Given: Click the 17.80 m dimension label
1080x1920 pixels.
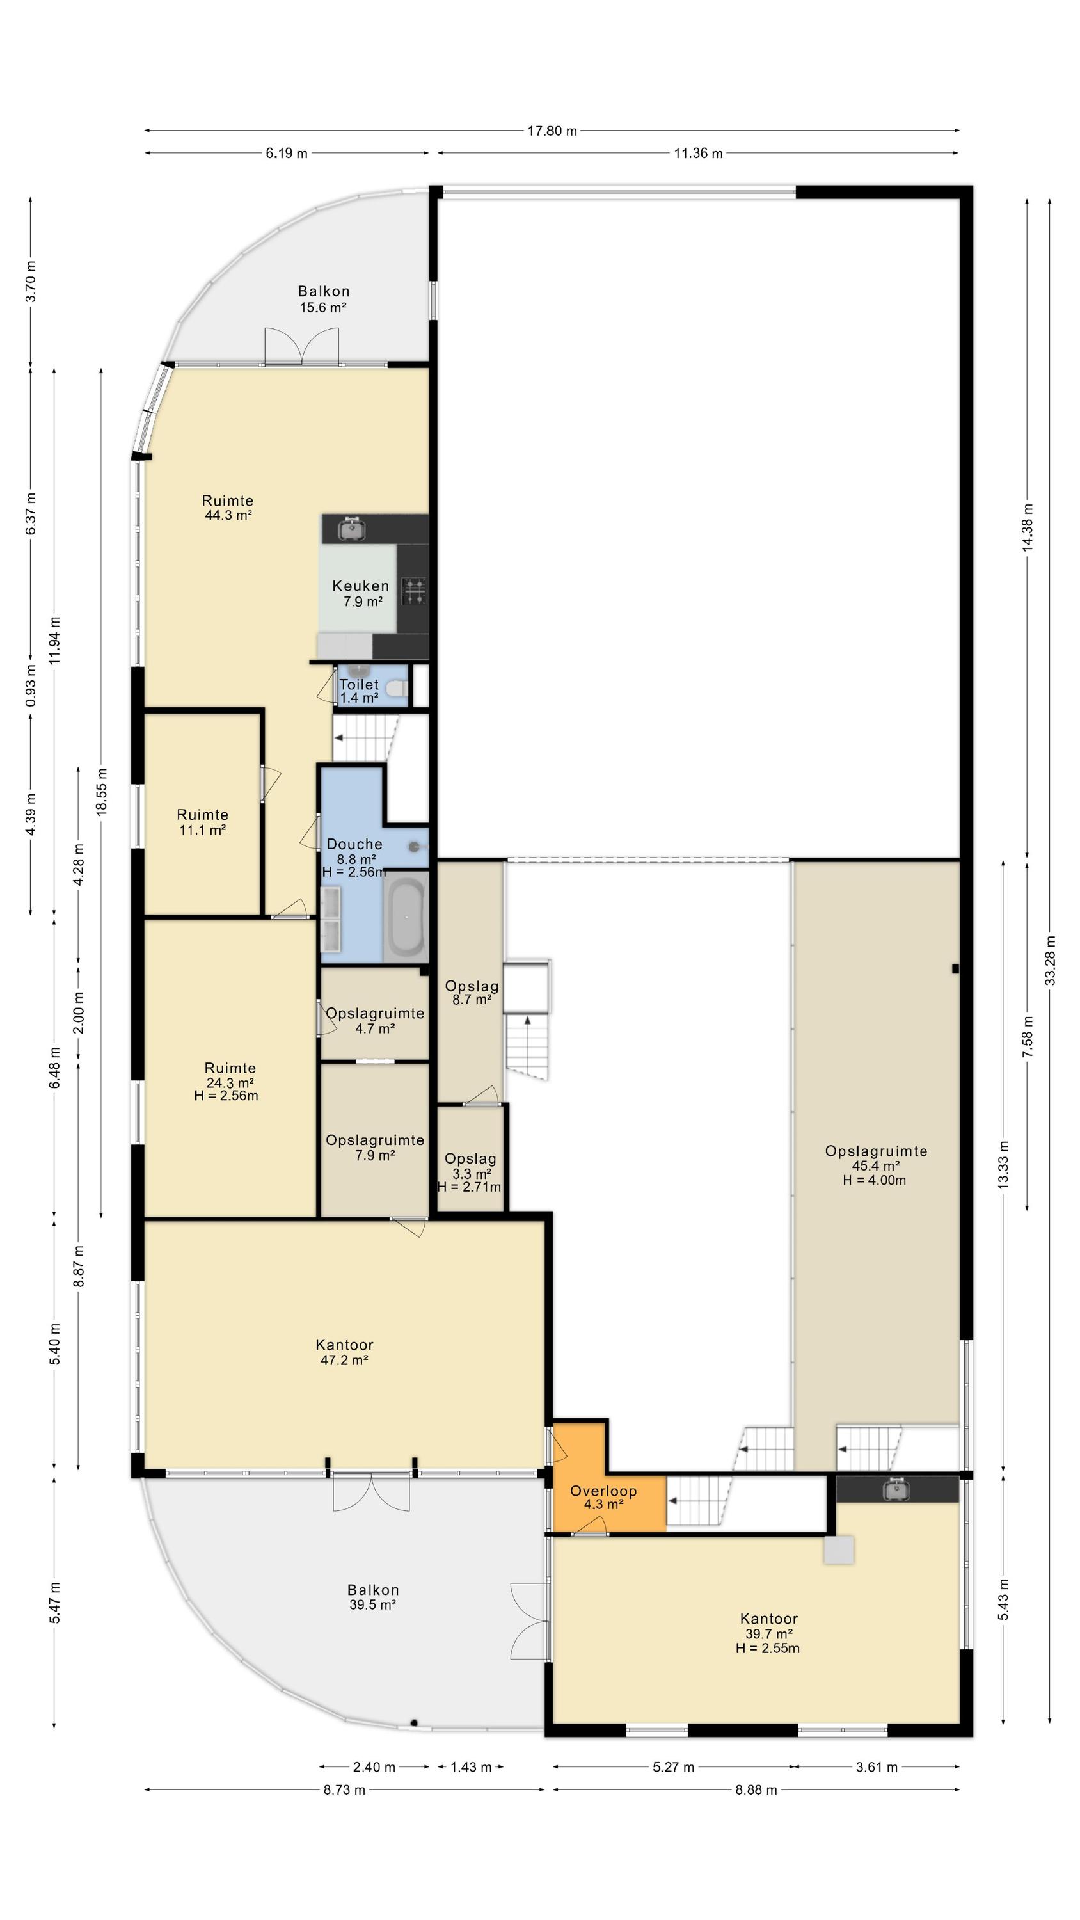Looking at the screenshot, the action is pos(552,131).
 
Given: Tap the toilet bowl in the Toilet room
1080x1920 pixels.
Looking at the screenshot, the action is pos(401,688).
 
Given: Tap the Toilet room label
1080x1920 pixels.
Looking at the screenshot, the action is pos(360,684).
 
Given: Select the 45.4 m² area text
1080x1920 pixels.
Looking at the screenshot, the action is pos(876,1165).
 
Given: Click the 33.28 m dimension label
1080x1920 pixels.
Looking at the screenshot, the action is pos(1050,960).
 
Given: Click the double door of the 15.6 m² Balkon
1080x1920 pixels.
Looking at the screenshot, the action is pos(302,347).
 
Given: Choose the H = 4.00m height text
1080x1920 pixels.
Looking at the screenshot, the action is pos(874,1180).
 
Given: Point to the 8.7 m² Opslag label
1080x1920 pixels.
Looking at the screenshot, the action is pos(472,993).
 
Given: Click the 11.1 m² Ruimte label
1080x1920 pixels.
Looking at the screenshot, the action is pos(203,822).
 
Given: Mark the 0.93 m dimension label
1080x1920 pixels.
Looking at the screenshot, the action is pos(31,685).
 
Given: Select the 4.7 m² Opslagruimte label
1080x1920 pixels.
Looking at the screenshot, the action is pos(375,1020).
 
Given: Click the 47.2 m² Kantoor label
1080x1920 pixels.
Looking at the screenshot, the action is pos(344,1352).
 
